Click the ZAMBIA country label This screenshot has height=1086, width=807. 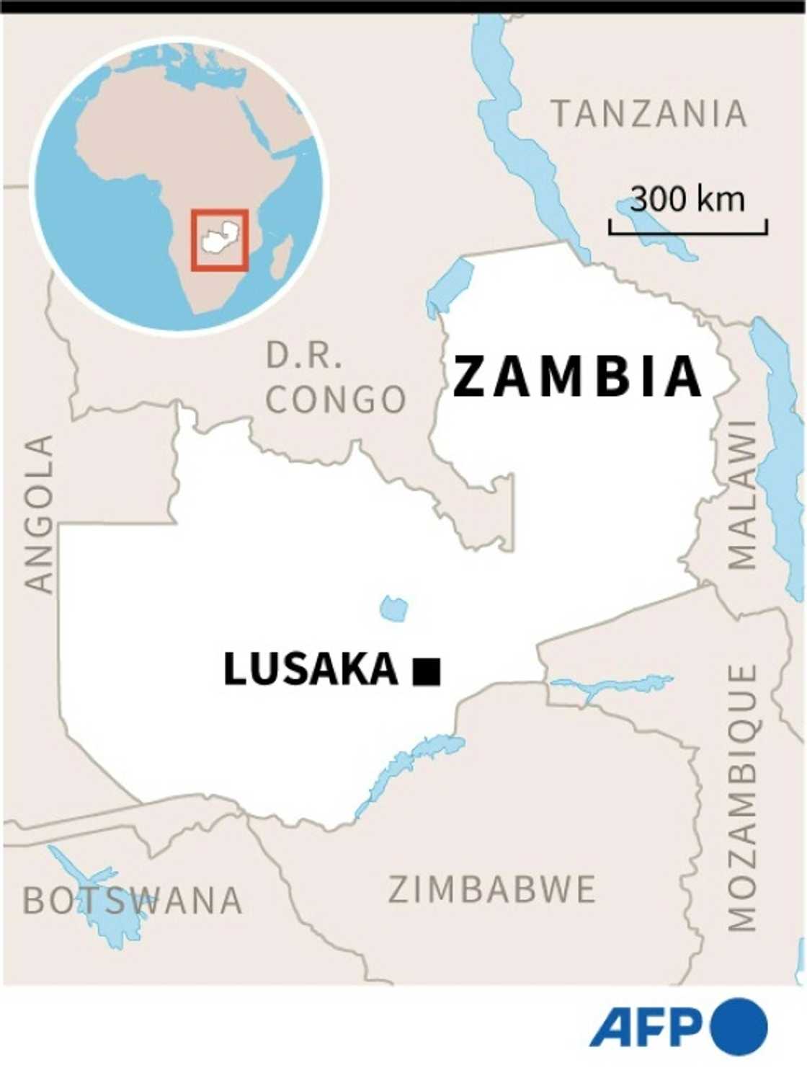[577, 376]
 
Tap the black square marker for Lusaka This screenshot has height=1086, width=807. [427, 671]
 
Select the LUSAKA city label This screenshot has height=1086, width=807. [311, 669]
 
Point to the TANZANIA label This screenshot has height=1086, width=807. [649, 114]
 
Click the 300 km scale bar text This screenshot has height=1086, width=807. [687, 199]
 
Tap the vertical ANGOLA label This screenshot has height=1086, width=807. [40, 513]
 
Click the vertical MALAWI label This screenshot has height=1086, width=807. [742, 495]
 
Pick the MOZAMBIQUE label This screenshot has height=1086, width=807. [742, 798]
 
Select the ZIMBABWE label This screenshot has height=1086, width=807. [492, 889]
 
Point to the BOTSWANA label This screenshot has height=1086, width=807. [132, 901]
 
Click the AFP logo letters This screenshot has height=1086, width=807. [646, 1027]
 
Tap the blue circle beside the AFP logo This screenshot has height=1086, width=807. [739, 1026]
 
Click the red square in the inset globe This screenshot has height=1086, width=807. [220, 240]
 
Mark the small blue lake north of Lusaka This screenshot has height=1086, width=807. [393, 609]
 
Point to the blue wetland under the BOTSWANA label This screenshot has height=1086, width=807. [108, 916]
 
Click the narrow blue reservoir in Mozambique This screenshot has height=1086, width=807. [612, 685]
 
